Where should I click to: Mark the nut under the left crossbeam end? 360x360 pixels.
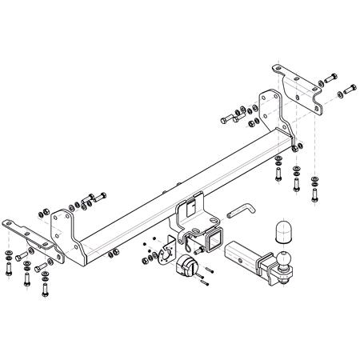109,255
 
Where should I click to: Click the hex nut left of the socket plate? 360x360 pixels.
144,257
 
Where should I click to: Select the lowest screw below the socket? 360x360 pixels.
206,282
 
